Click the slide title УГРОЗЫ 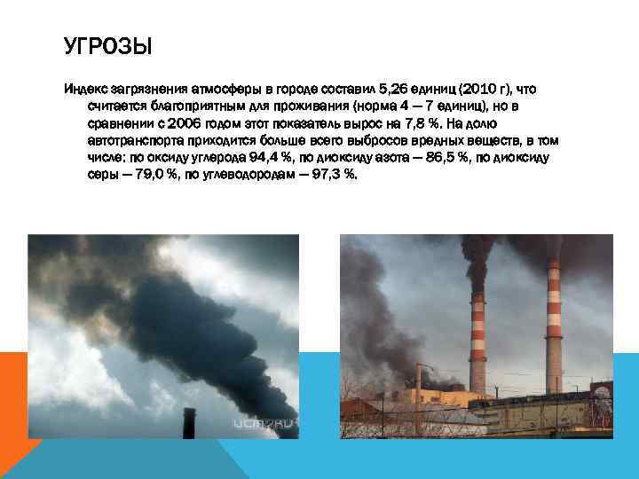pyautogui.click(x=107, y=45)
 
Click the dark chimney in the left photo pyautogui.click(x=188, y=424)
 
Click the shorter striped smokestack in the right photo pyautogui.click(x=477, y=342)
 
